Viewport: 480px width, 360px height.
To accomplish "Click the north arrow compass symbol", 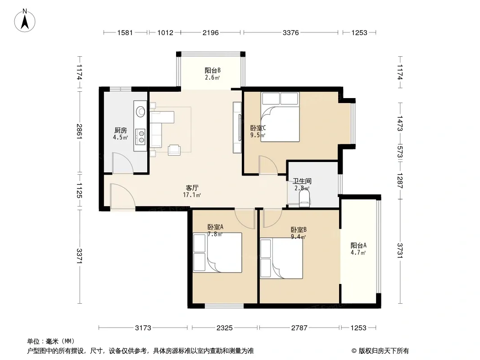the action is (25, 21).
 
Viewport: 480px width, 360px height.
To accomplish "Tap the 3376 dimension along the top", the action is (290, 32).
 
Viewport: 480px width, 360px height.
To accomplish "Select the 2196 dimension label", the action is (211, 32).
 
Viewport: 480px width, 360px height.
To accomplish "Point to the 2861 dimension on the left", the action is (80, 131).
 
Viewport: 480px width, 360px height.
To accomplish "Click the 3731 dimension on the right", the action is (400, 251).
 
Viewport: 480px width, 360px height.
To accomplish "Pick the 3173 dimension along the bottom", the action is (143, 328).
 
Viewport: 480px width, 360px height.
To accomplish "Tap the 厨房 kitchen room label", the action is (121, 130).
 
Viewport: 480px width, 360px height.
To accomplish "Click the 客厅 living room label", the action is (192, 188).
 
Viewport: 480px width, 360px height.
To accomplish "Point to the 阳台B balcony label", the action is (213, 70).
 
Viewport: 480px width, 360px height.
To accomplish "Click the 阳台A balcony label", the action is (358, 245).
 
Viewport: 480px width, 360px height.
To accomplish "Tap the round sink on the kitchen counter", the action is (140, 111).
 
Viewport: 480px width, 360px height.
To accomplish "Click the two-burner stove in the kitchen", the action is (141, 136).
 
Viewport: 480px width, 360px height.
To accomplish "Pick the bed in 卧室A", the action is (217, 252).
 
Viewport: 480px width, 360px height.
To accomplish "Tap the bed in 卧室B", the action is (281, 258).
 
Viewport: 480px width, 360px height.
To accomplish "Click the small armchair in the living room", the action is (174, 150).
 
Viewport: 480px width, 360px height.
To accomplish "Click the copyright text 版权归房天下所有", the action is (384, 351).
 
